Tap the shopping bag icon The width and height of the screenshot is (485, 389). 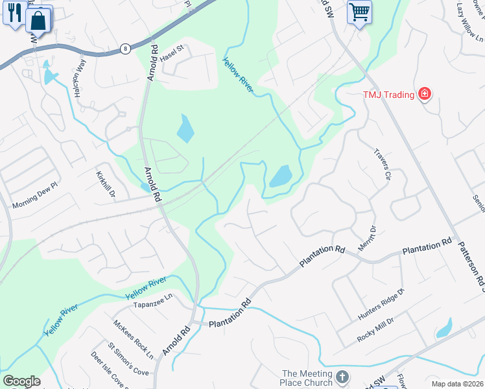click(38, 21)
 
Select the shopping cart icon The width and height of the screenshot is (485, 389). click(359, 12)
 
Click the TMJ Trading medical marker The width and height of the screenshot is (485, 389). click(425, 95)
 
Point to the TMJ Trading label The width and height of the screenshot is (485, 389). click(388, 95)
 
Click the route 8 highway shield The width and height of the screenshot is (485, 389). click(125, 49)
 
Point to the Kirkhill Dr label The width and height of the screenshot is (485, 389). click(106, 185)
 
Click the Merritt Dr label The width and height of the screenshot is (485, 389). click(367, 238)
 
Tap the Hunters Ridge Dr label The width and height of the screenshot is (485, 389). click(381, 305)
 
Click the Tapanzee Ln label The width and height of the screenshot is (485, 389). click(153, 300)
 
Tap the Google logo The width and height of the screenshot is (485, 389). click(21, 381)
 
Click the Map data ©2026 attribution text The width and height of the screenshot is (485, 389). click(456, 384)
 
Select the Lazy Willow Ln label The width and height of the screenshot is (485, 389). click(469, 18)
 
